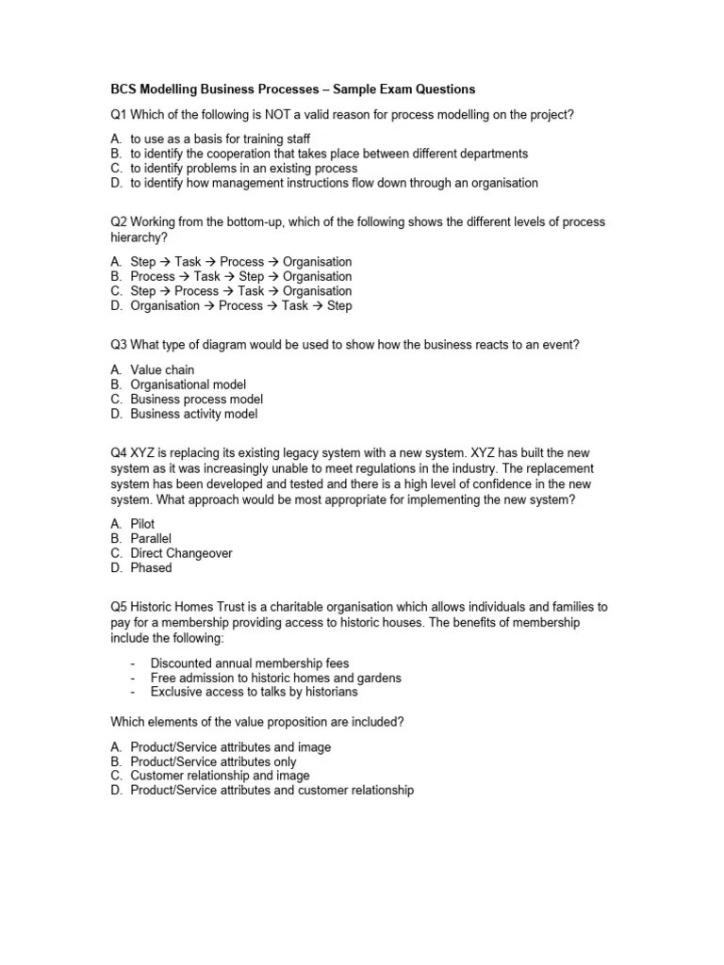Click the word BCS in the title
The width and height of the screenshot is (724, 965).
pos(123,90)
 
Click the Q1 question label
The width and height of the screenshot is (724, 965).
pos(119,115)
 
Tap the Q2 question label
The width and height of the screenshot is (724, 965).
pos(119,222)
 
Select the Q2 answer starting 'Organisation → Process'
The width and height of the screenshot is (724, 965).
pos(240,306)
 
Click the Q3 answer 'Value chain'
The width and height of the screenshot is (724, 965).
pos(162,370)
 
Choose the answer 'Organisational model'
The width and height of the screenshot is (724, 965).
pos(188,384)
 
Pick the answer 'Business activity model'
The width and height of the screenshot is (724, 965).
pos(193,414)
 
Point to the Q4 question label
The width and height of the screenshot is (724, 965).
pos(119,454)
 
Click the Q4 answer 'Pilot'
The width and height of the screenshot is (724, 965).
pos(142,524)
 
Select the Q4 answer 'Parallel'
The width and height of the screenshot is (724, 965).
pos(151,538)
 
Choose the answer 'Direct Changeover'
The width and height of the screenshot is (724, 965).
pos(181,553)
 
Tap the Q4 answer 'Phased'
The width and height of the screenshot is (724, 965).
pos(151,568)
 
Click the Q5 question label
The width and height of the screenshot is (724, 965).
pos(119,608)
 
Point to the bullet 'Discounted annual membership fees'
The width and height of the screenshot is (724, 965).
pos(249,663)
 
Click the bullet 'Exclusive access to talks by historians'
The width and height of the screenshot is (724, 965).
pos(254,692)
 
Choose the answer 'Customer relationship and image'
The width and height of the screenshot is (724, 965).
pos(220,776)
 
